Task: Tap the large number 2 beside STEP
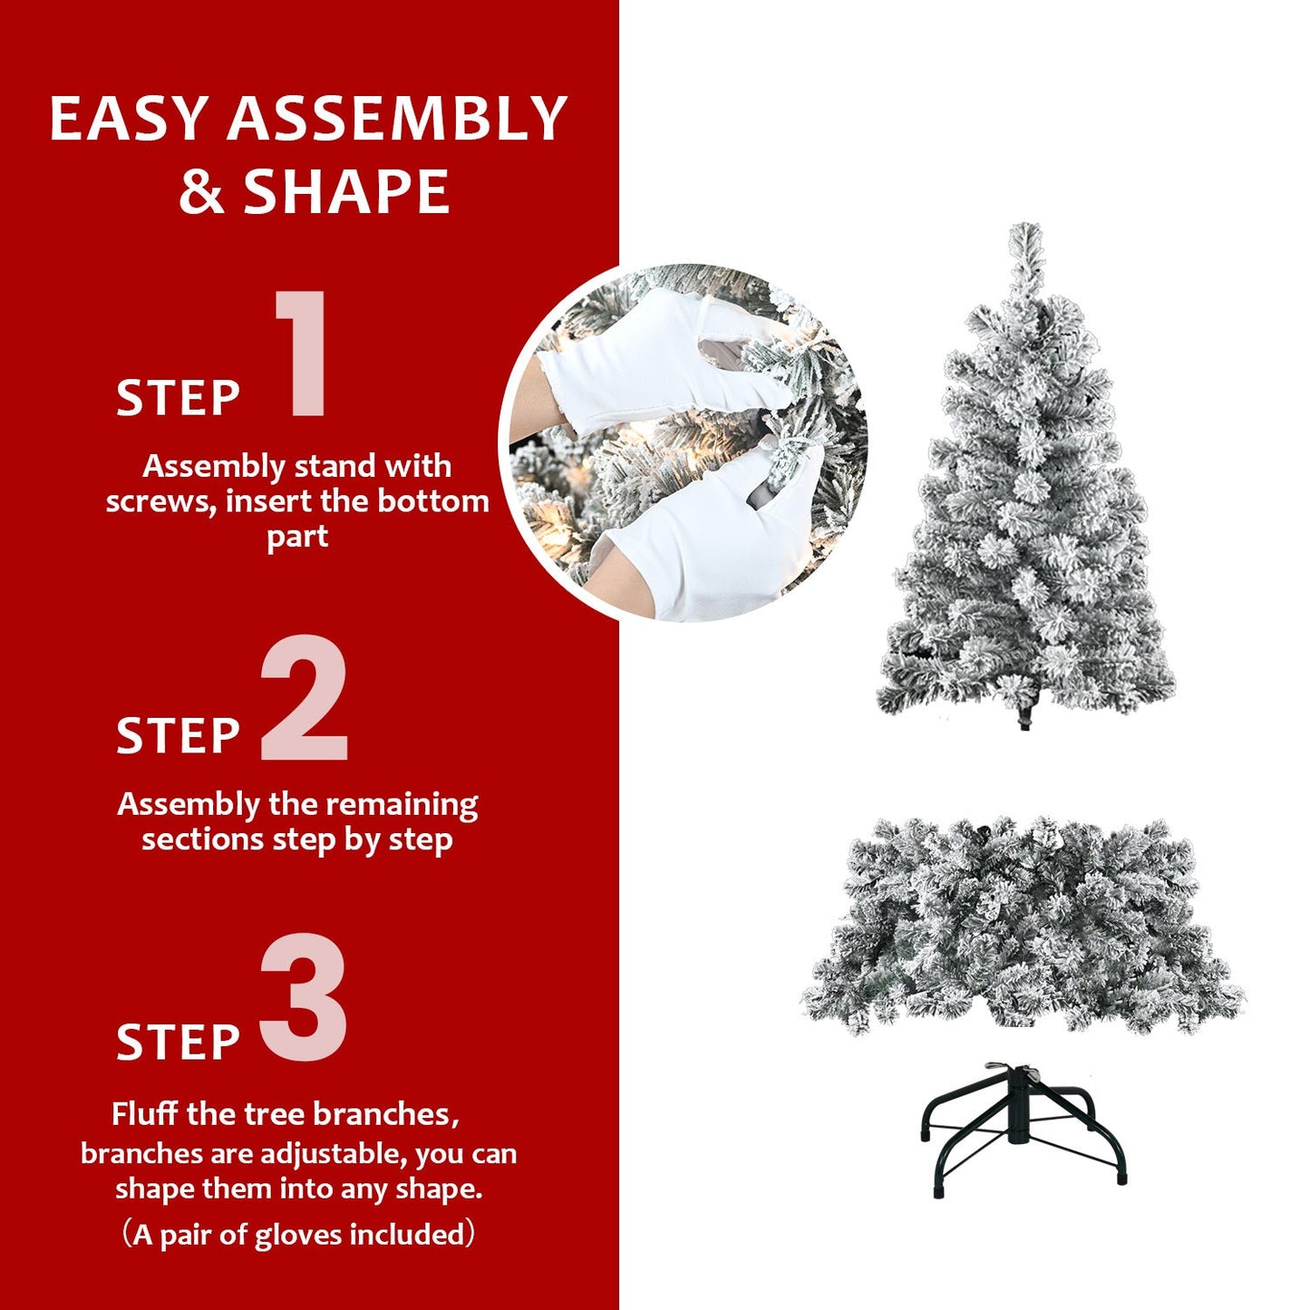click(304, 698)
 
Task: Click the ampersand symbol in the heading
click(201, 191)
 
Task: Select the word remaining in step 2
click(401, 804)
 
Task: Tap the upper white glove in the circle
click(653, 363)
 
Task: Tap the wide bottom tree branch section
click(1024, 925)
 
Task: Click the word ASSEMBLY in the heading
click(397, 119)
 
